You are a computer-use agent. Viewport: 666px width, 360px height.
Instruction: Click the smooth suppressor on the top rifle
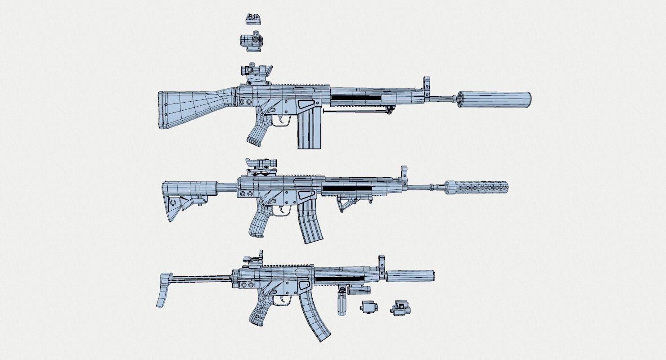(x=495, y=99)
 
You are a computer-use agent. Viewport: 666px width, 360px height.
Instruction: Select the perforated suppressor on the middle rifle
(x=477, y=188)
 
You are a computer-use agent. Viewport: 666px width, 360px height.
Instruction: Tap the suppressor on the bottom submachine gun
(x=410, y=276)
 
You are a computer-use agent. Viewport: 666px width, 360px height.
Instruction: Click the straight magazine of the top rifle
(x=310, y=130)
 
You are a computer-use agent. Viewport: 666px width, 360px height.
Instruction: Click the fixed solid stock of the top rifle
(x=189, y=108)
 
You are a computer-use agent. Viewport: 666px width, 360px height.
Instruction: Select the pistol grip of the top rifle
(x=258, y=130)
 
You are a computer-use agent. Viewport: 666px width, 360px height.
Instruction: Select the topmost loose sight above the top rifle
(x=253, y=18)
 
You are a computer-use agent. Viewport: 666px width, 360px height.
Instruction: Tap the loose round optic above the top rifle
(x=251, y=40)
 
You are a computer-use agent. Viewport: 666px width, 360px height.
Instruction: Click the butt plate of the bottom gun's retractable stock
(x=163, y=291)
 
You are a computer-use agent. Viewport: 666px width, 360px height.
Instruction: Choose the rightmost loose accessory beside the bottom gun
(x=399, y=308)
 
